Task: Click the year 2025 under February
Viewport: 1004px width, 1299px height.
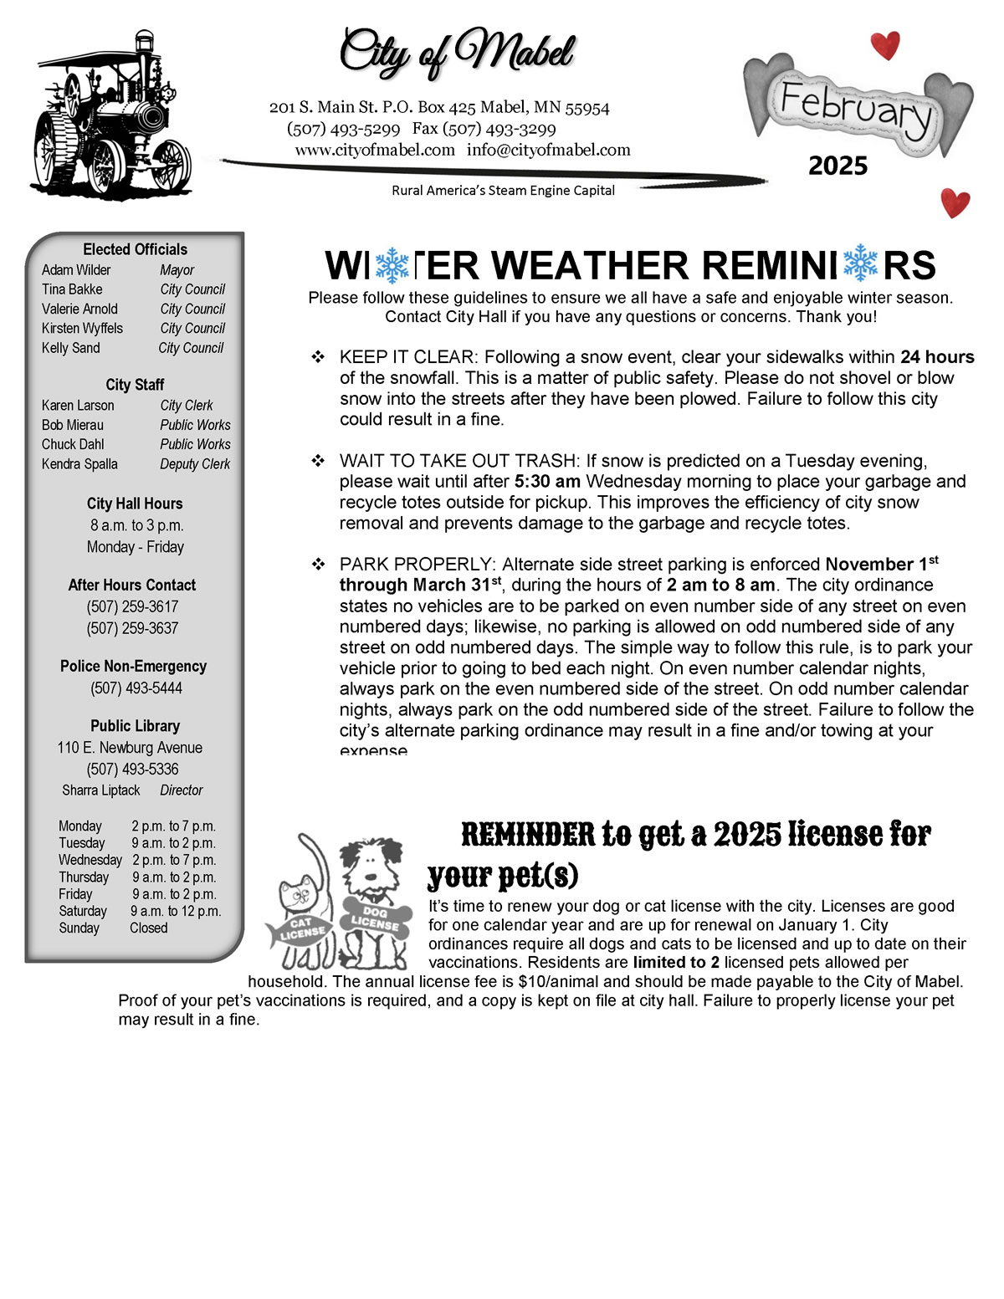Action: click(838, 166)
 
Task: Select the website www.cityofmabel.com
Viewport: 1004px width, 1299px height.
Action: click(375, 150)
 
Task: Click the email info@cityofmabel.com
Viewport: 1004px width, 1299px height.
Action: click(548, 150)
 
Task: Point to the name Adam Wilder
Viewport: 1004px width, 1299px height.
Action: click(76, 270)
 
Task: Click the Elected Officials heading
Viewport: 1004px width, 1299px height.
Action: click(135, 249)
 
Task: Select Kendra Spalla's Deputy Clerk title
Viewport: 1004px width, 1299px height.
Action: click(195, 464)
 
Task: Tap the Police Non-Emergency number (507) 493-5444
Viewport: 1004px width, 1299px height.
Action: click(136, 688)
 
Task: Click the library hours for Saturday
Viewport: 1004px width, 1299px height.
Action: click(176, 911)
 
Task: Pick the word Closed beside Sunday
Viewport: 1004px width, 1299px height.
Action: click(149, 928)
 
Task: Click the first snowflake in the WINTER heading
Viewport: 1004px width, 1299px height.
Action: click(392, 265)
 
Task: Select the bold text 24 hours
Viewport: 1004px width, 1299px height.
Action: click(937, 357)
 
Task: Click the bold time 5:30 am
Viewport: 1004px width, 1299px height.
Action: click(548, 482)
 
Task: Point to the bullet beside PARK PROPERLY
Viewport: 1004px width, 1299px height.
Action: click(318, 565)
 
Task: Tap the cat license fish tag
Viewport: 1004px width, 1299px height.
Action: click(299, 930)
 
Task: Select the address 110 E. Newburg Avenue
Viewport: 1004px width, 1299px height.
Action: click(130, 748)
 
